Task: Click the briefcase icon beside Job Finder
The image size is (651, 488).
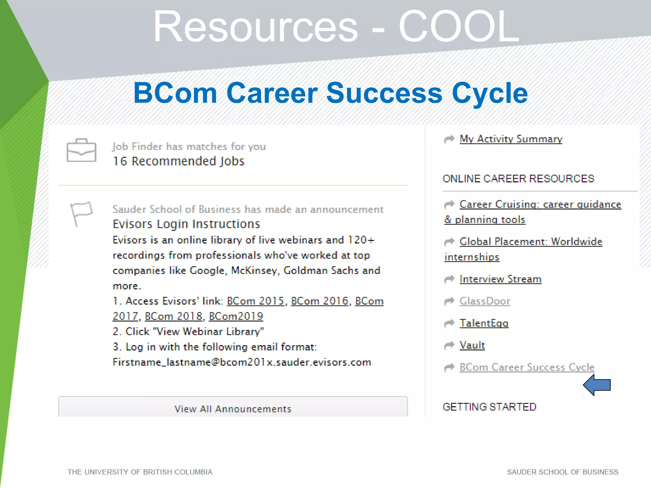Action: tap(81, 150)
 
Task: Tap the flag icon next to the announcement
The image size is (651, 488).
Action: tap(81, 213)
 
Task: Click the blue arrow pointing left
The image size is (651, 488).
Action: tap(597, 385)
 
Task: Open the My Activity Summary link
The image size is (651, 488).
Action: tap(511, 139)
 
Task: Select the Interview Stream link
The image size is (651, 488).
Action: tap(500, 279)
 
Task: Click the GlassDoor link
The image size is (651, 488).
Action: tap(485, 301)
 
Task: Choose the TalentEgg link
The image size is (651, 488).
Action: tap(484, 323)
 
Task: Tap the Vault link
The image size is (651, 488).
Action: tap(472, 345)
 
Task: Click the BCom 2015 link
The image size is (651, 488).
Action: tap(255, 301)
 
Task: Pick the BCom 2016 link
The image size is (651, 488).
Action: tap(319, 301)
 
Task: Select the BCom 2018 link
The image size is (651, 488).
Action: tap(174, 316)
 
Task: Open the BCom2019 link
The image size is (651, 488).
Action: tap(236, 316)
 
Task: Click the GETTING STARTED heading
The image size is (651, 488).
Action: tap(489, 407)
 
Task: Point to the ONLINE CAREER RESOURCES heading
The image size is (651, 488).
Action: tap(518, 179)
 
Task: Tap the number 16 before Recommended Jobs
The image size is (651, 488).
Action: tap(120, 161)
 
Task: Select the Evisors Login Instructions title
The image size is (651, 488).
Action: tap(186, 224)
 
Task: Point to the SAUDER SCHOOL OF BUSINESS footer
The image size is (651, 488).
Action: tap(562, 472)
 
